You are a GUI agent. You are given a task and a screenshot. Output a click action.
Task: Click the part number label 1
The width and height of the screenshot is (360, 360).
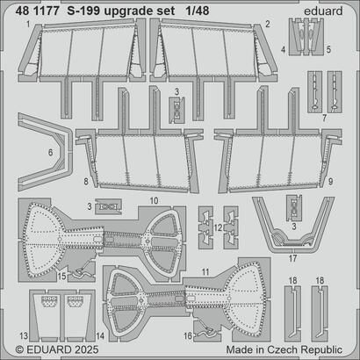[x=29, y=25]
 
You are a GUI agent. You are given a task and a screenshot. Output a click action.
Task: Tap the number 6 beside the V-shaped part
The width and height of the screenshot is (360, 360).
[x=25, y=152]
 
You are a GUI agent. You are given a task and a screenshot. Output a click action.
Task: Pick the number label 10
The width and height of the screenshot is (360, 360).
[x=153, y=201]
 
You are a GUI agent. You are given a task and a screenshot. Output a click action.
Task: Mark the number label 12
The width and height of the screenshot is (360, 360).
[x=215, y=227]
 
